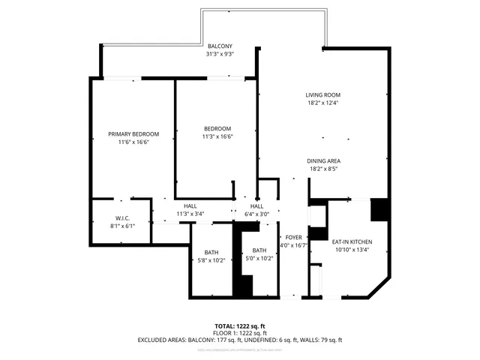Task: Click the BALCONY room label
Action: pos(220,46)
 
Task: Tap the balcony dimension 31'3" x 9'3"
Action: pos(220,55)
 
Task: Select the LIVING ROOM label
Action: pos(323,95)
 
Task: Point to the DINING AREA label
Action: pos(323,161)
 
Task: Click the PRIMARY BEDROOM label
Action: pos(133,134)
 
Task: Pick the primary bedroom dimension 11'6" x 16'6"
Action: pos(133,142)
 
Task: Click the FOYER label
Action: pos(293,237)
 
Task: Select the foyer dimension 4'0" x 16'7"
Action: pos(293,245)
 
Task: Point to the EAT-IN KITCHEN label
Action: pos(352,241)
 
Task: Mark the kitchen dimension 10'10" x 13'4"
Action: pos(352,250)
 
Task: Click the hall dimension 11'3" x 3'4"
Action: pos(190,214)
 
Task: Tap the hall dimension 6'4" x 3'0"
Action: pos(256,214)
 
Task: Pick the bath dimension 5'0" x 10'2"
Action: pos(259,259)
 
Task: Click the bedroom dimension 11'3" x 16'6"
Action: pos(217,136)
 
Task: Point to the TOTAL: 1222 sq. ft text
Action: pos(239,326)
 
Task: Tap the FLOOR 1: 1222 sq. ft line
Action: pos(239,333)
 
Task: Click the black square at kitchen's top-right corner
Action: pos(379,209)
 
